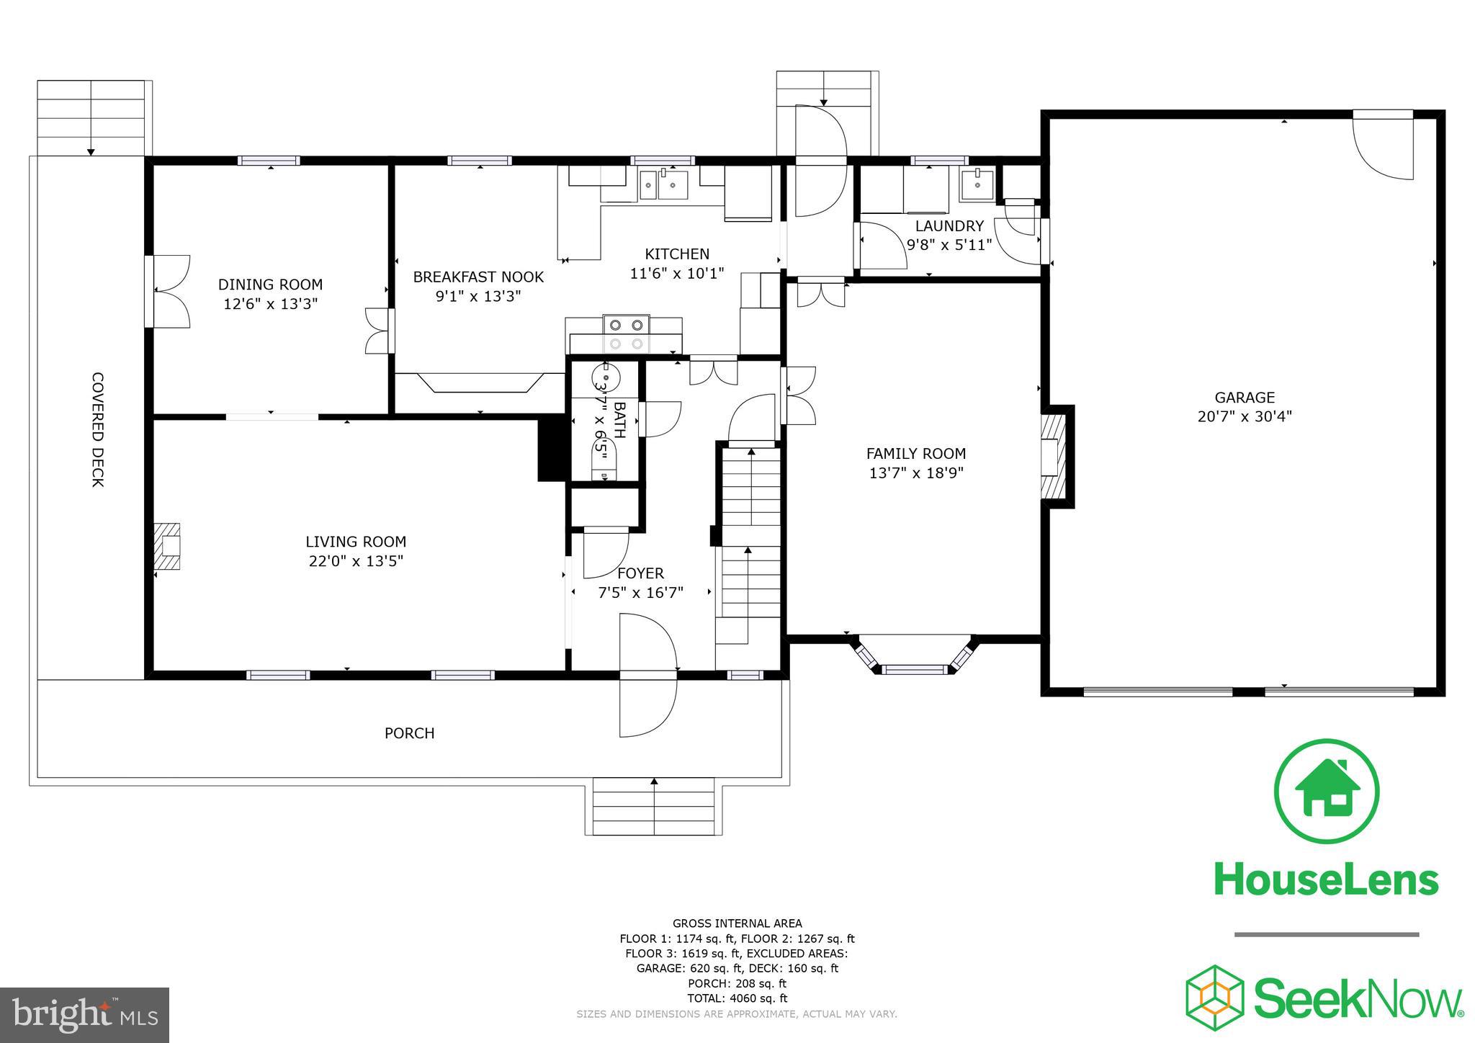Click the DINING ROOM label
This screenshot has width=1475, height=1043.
pos(270,285)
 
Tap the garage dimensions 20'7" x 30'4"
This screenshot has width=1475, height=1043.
pos(1245,416)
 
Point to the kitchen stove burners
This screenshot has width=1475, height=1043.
pos(626,334)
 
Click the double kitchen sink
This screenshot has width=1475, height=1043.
pos(664,185)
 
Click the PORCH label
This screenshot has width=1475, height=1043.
pos(409,733)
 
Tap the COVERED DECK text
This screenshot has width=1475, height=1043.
pos(98,429)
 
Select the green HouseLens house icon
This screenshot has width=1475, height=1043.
pos(1327,791)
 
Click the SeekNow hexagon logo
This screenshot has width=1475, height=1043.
pos(1215,998)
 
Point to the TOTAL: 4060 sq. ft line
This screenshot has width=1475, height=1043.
pos(737,998)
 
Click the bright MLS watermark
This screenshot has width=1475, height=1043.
pos(84,1016)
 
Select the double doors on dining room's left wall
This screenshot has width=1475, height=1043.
pos(169,292)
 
